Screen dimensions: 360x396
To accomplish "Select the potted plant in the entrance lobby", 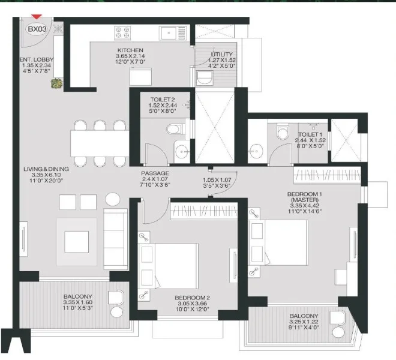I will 56,83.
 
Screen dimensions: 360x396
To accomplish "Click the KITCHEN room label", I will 130,50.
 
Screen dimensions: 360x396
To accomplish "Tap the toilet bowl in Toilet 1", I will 280,131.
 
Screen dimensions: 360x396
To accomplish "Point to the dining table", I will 97,143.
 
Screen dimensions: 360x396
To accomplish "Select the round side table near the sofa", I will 112,200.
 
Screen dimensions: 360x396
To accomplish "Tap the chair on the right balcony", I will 339,332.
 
